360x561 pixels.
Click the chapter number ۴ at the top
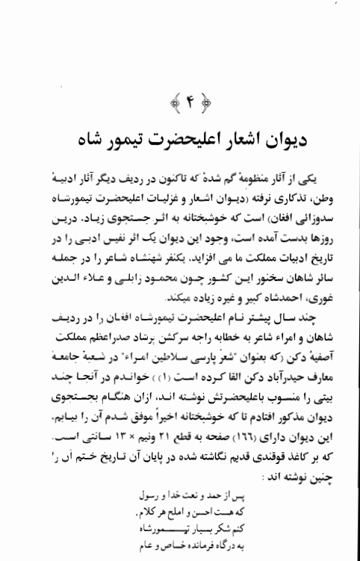click(179, 99)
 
